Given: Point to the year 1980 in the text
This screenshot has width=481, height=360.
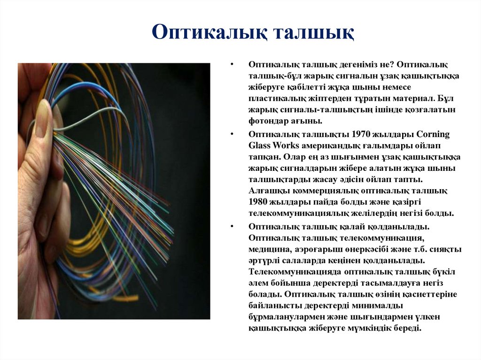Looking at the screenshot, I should click(x=258, y=202).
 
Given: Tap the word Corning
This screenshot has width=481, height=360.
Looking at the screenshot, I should click(x=433, y=134).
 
